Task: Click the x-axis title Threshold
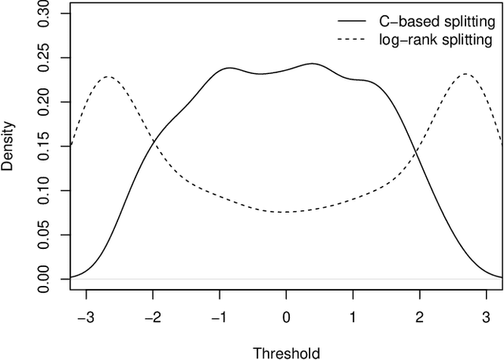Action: pos(287,351)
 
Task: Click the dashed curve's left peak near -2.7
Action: pos(107,76)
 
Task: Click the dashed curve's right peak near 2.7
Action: pos(466,74)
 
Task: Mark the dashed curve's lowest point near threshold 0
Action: pos(285,212)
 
